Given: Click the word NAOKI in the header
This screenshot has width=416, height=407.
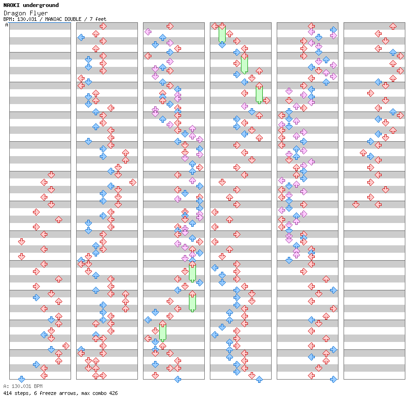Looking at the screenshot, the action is pos(11,5).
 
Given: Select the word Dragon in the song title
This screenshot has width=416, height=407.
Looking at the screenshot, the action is pos(15,13).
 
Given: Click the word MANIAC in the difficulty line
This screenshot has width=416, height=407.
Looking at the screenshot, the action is pos(53,19).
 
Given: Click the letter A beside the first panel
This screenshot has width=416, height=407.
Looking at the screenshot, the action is pos(6,25).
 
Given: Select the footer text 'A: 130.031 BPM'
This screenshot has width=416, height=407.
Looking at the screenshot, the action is pos(23,386).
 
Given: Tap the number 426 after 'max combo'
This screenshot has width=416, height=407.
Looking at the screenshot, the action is pos(113,393).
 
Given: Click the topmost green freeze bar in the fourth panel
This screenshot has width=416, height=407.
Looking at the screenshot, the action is pos(222,34).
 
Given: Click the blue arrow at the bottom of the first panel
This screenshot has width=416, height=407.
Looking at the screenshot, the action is pos(21,379).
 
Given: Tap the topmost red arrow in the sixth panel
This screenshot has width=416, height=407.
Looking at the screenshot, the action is pos(393,26).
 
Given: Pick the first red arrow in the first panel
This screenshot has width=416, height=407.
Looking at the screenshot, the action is pos(51,175).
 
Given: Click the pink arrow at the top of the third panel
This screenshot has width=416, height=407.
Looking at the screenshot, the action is pos(148,32).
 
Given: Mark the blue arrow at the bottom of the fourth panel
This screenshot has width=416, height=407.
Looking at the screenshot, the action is pos(259,379).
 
